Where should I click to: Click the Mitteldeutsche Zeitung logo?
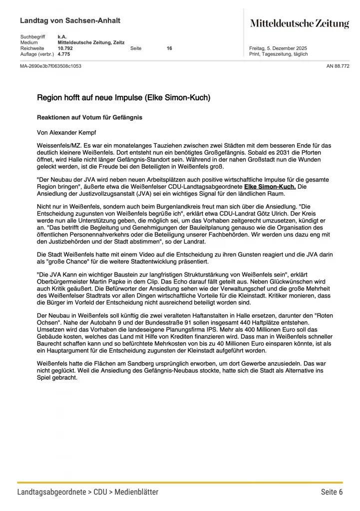pos(299,23)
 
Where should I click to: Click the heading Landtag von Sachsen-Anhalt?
pos(70,21)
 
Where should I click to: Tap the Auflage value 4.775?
pos(63,54)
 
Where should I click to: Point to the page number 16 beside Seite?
pos(169,48)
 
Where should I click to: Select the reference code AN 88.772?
pos(338,66)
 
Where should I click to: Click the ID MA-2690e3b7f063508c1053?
pos(50,66)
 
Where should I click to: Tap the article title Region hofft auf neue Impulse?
pos(123,98)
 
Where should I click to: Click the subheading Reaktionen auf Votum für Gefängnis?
pos(90,117)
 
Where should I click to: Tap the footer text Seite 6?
pos(332,492)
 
